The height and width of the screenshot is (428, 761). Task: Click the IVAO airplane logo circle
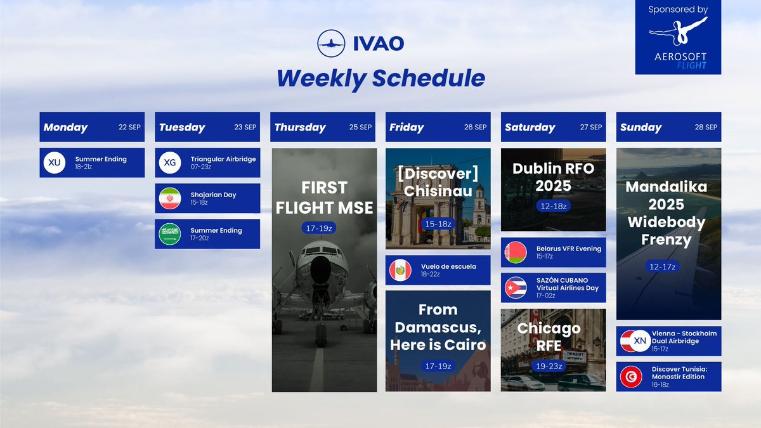[330, 43]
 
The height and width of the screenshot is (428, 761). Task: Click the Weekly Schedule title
[380, 78]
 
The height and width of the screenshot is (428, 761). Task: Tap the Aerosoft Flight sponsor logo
[678, 38]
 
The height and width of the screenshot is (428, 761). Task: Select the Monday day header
[66, 127]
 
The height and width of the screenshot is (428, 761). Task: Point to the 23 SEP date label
[245, 127]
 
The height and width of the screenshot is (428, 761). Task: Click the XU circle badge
[55, 162]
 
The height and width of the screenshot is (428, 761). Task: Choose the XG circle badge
[170, 162]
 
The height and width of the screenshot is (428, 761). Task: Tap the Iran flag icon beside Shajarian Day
[170, 198]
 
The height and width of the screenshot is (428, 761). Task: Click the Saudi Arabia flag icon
[170, 234]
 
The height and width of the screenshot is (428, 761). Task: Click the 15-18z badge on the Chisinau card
[438, 224]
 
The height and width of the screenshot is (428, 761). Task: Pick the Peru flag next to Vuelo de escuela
[400, 270]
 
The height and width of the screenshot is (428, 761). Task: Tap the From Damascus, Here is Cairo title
[438, 327]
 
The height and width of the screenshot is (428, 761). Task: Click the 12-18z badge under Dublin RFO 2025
[553, 206]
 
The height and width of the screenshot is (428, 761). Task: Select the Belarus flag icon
[516, 252]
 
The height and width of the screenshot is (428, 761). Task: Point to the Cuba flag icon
[516, 288]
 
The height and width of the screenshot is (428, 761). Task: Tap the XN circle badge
[640, 341]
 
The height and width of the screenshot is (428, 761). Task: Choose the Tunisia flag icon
[631, 377]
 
